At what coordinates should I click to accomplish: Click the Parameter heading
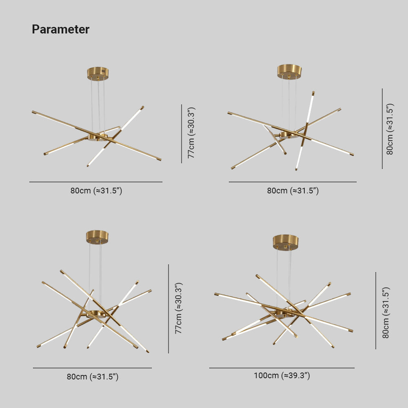pyautogui.click(x=60, y=29)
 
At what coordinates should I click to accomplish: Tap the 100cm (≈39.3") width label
pyautogui.click(x=282, y=376)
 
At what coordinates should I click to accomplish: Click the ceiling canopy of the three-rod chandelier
pyautogui.click(x=98, y=73)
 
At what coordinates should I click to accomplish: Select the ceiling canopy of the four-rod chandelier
pyautogui.click(x=289, y=71)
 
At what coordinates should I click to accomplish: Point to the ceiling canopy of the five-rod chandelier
pyautogui.click(x=97, y=237)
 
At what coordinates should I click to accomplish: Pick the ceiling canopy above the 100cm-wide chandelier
pyautogui.click(x=286, y=242)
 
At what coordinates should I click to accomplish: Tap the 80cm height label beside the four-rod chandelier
pyautogui.click(x=390, y=129)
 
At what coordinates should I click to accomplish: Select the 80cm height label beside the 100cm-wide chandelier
pyautogui.click(x=385, y=313)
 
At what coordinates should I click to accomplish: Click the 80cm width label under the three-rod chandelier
pyautogui.click(x=96, y=191)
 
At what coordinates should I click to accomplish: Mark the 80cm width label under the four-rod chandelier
pyautogui.click(x=293, y=191)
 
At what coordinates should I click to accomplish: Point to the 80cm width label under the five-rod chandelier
pyautogui.click(x=93, y=377)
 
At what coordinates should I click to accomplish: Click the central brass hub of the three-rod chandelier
pyautogui.click(x=98, y=136)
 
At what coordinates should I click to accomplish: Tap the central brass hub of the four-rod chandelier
pyautogui.click(x=288, y=134)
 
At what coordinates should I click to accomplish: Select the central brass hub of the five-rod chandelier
pyautogui.click(x=97, y=314)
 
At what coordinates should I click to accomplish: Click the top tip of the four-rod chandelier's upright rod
pyautogui.click(x=313, y=93)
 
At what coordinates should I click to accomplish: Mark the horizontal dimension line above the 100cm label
pyautogui.click(x=282, y=368)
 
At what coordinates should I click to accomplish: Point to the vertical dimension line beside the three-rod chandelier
pyautogui.click(x=182, y=134)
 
